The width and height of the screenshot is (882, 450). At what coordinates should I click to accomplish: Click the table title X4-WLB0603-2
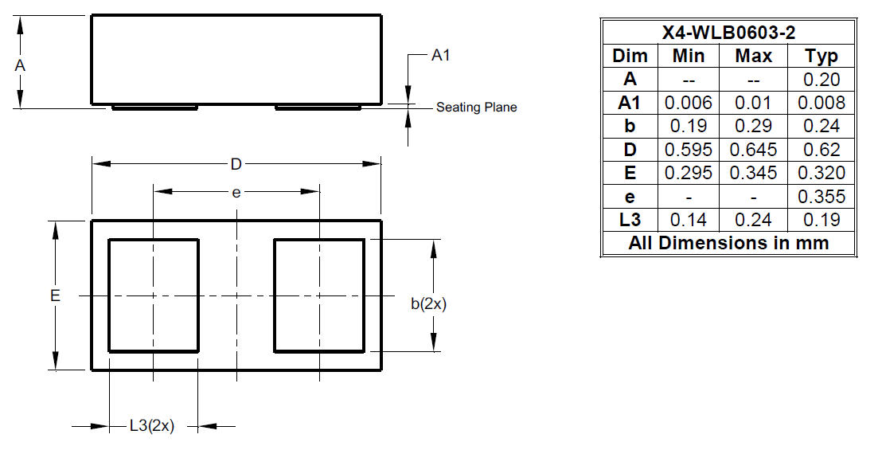[729, 33]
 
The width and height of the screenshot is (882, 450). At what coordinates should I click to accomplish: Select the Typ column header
[822, 57]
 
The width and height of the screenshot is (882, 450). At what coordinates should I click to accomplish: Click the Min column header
[689, 56]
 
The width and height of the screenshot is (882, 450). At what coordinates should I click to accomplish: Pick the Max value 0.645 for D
[753, 150]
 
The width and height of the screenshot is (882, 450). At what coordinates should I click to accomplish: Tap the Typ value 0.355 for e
[822, 196]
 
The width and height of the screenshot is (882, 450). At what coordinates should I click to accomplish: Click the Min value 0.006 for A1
[689, 103]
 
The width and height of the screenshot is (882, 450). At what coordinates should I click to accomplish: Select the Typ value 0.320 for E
[822, 173]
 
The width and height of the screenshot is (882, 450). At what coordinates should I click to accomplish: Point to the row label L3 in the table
[630, 219]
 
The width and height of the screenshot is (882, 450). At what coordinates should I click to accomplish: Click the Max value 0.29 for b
[753, 126]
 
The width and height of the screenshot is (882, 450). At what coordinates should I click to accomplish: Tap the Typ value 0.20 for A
[822, 80]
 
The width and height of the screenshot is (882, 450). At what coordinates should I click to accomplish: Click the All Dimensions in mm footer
[729, 243]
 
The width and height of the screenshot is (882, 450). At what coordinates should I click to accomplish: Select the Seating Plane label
[477, 107]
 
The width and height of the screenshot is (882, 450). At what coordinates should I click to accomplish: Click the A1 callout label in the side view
[440, 56]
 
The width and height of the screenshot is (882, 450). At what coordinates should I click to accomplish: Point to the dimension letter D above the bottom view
[236, 164]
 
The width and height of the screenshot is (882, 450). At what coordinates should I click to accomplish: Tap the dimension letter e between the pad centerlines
[236, 193]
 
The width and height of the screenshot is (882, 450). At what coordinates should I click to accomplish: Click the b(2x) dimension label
[428, 303]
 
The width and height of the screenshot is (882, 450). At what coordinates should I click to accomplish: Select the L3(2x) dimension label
[152, 426]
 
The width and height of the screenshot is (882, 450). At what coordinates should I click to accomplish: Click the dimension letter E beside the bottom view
[55, 295]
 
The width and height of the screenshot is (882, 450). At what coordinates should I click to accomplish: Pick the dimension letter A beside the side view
[20, 66]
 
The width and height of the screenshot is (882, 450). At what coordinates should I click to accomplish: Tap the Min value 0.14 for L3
[689, 219]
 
